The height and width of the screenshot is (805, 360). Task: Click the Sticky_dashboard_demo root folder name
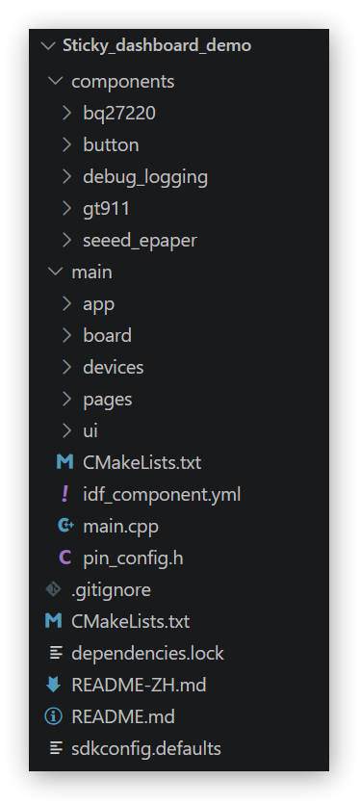coord(157,45)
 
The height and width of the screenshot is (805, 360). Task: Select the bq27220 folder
coord(119,113)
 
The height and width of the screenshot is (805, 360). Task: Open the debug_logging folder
coord(145,177)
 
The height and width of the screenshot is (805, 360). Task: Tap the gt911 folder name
coord(106,209)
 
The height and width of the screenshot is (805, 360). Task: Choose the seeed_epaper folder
coord(140,241)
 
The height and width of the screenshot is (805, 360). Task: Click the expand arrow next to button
coord(66,144)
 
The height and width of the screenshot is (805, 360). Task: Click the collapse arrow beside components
coord(55,81)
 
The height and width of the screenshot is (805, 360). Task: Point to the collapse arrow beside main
coord(55,272)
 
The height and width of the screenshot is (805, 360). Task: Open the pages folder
coord(108,400)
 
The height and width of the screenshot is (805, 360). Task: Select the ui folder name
coord(90,430)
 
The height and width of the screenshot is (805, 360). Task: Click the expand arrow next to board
coord(66,335)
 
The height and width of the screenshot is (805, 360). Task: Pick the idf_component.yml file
coord(162,495)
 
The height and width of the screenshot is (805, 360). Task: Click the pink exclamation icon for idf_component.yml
coord(64,494)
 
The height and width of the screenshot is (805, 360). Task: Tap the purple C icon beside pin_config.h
coord(64,558)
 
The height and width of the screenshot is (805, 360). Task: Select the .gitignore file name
coord(111,590)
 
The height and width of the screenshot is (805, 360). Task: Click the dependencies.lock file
coord(147,654)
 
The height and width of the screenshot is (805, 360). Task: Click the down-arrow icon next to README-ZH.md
coord(53,685)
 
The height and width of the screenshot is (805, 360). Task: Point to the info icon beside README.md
coord(53,716)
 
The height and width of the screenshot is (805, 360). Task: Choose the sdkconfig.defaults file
coord(146,748)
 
